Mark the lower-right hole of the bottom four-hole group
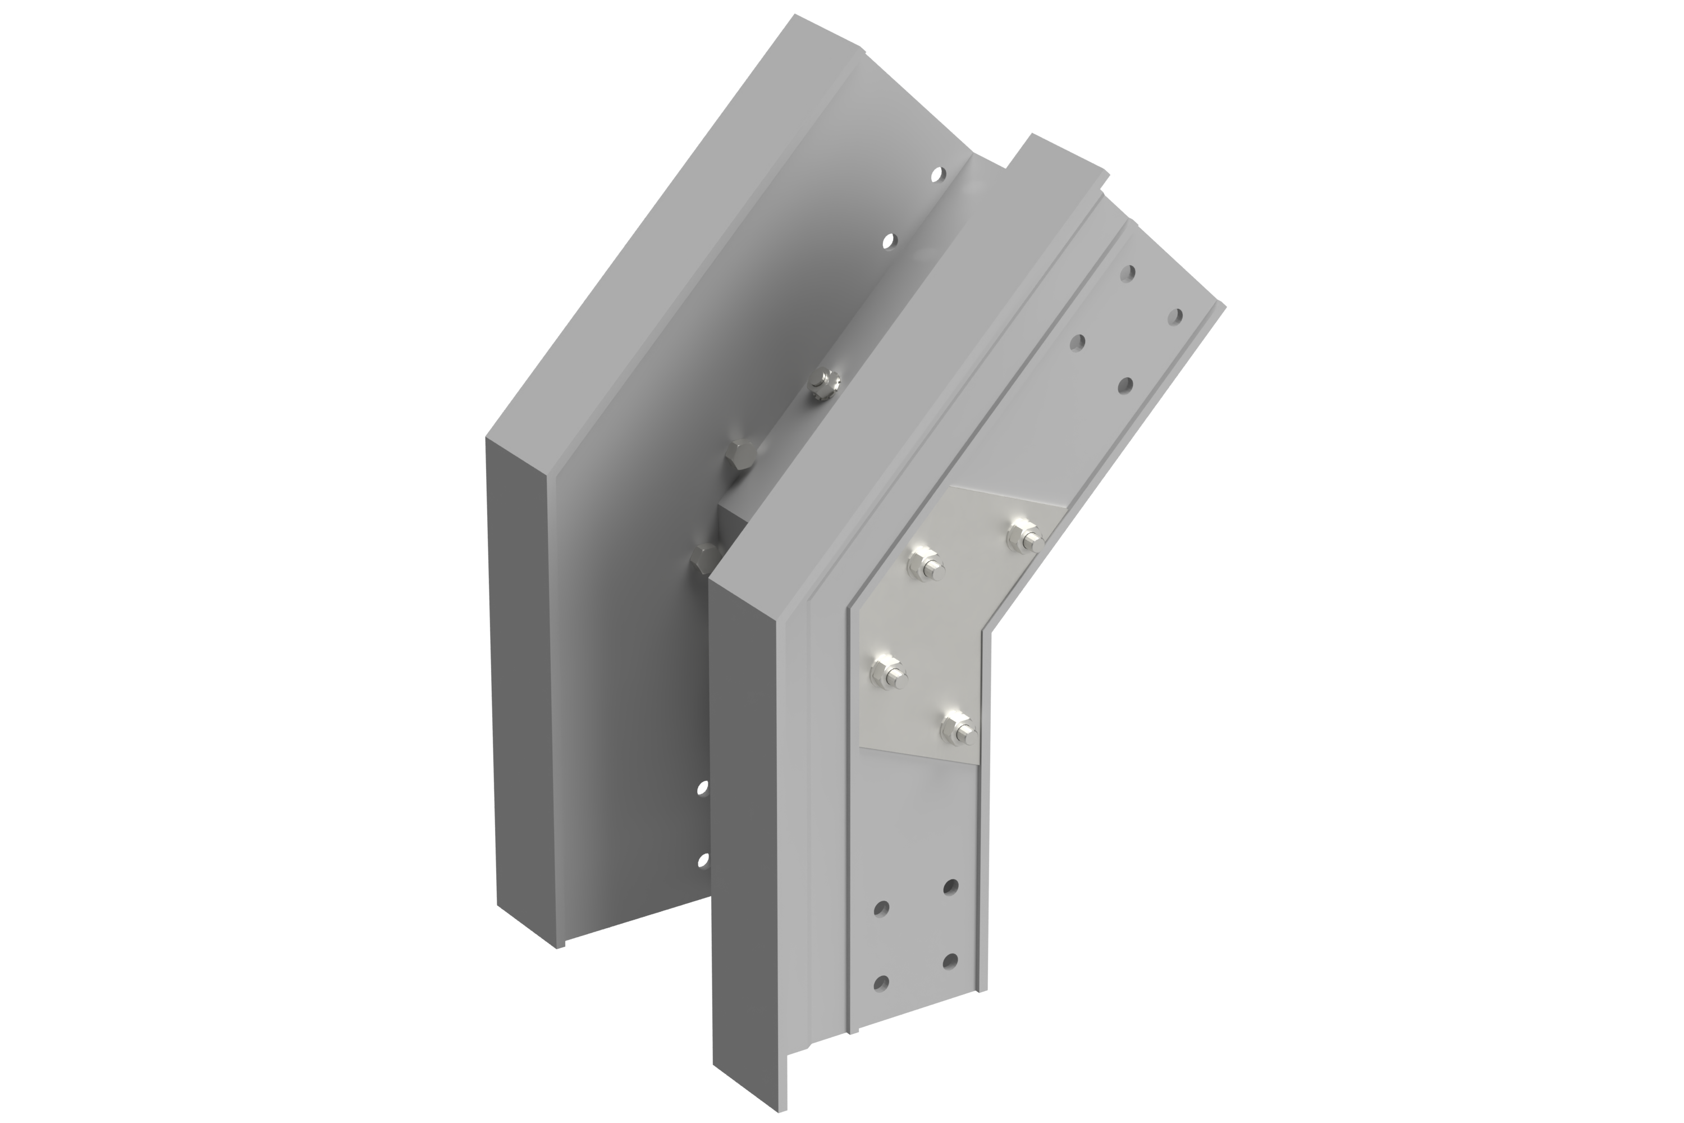tap(951, 958)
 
